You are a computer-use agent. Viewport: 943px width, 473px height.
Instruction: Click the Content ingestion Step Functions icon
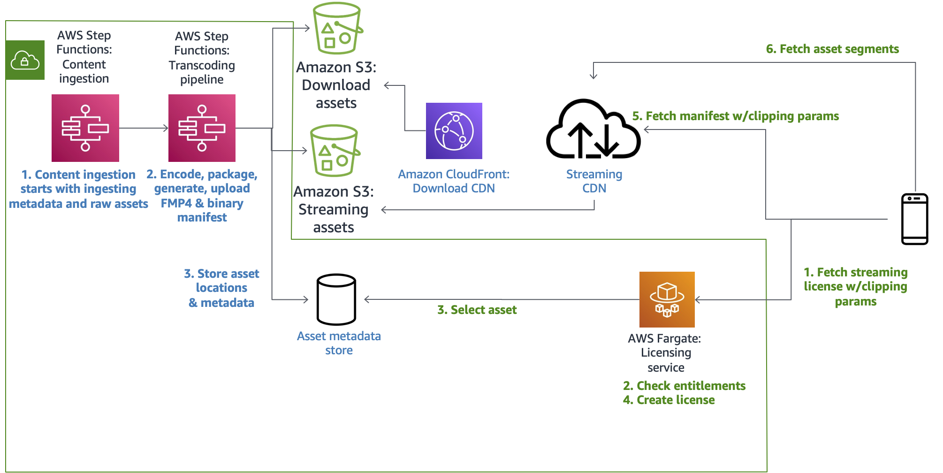click(85, 128)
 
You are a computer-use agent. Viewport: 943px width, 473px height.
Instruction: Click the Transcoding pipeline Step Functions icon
click(202, 128)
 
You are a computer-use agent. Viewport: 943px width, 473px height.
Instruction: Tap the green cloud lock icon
click(25, 60)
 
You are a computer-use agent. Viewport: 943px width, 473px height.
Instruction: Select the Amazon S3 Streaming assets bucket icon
click(335, 151)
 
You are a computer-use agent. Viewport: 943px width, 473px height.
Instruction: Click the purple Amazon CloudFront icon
click(454, 131)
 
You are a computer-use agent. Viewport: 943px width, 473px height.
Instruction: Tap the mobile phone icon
click(914, 219)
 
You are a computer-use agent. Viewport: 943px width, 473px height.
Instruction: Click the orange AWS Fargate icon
click(667, 299)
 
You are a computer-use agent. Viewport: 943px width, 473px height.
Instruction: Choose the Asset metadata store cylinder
click(336, 299)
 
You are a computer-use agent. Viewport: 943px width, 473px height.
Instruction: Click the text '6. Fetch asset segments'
click(832, 49)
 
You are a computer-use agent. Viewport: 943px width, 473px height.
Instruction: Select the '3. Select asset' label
click(477, 310)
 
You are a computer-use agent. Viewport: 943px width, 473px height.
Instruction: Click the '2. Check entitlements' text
click(684, 386)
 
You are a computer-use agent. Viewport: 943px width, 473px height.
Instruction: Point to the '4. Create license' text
click(669, 400)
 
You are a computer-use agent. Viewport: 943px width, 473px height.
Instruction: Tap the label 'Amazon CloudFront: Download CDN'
click(454, 181)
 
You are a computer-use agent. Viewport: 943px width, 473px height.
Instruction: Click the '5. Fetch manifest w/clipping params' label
click(735, 116)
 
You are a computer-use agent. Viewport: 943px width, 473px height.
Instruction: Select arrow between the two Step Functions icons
click(144, 128)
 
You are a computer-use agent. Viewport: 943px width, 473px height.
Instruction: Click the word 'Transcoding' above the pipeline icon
click(202, 65)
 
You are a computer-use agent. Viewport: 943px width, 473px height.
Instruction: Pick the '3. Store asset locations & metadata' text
click(221, 288)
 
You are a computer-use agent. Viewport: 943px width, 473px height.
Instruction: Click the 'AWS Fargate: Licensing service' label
click(665, 352)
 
